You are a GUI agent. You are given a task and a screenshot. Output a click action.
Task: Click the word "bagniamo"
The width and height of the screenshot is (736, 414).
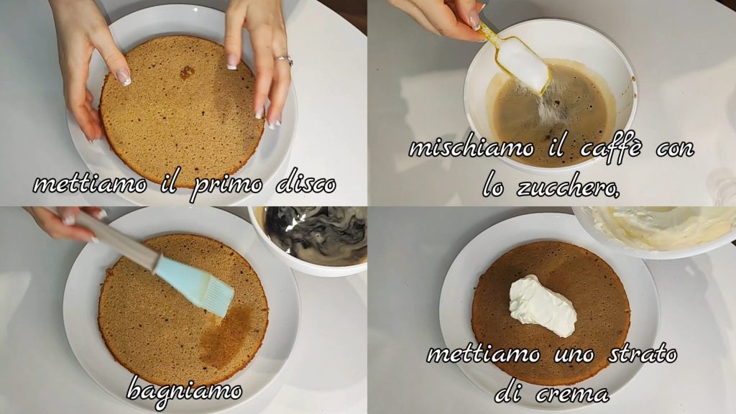[185, 390]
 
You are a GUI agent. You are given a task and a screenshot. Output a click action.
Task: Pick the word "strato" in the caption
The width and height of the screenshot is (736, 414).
[643, 354]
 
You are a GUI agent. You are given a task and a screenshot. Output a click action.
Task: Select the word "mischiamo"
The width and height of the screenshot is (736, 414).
[471, 147]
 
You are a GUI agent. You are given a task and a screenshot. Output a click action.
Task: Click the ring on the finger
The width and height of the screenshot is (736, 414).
[285, 60]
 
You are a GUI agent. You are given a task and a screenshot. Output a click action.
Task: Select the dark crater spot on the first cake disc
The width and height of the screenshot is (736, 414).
[187, 73]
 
